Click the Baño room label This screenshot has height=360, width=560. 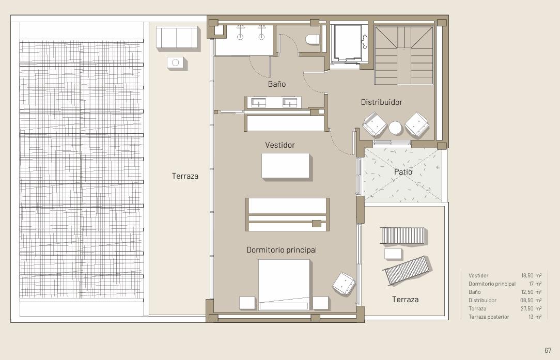(277, 84)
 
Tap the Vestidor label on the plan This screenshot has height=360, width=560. (280, 145)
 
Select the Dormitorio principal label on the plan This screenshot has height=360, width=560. (282, 250)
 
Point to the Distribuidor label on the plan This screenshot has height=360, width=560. (381, 102)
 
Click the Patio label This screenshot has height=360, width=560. (403, 172)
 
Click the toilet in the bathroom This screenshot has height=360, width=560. (313, 39)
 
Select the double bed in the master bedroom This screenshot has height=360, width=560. (284, 285)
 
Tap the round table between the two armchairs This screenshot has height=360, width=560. (395, 128)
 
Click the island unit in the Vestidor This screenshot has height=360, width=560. (285, 165)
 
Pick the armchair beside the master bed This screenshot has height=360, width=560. (344, 284)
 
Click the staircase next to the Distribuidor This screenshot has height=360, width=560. (404, 55)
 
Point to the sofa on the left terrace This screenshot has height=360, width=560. (177, 37)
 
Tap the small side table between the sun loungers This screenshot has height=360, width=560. (393, 254)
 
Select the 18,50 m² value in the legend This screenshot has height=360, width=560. (531, 275)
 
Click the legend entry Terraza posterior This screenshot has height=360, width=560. (489, 317)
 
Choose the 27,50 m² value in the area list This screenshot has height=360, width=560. (531, 308)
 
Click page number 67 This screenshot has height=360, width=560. (548, 350)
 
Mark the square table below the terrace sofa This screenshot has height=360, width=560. (175, 62)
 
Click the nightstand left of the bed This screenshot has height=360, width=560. (247, 303)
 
